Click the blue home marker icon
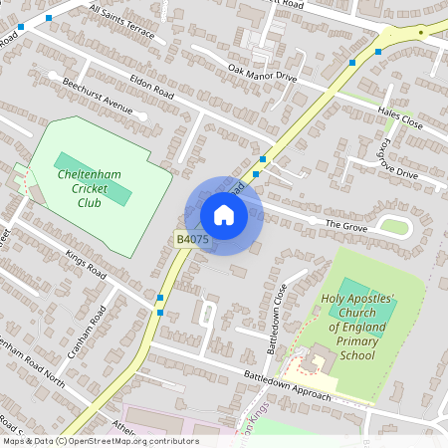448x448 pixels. coord(224,215)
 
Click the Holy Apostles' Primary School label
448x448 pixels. coord(358,326)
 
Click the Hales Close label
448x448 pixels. coord(400,115)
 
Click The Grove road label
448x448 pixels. coord(346,224)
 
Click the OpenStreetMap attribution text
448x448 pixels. coord(100,441)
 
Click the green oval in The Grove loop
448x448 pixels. coord(394,228)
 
